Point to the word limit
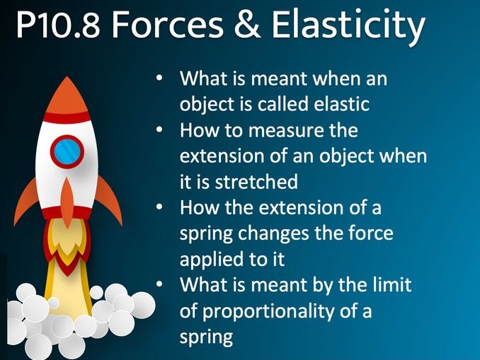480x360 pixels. point(392,285)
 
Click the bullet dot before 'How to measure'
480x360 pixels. point(161,131)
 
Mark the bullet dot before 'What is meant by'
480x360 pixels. point(161,285)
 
